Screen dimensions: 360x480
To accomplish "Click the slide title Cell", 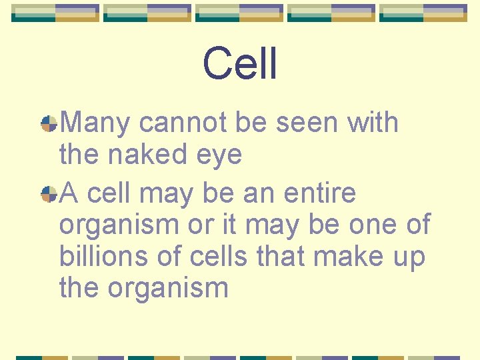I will [240, 64].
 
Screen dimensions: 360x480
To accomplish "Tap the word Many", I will [96, 123].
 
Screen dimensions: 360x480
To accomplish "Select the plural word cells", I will [213, 257].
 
